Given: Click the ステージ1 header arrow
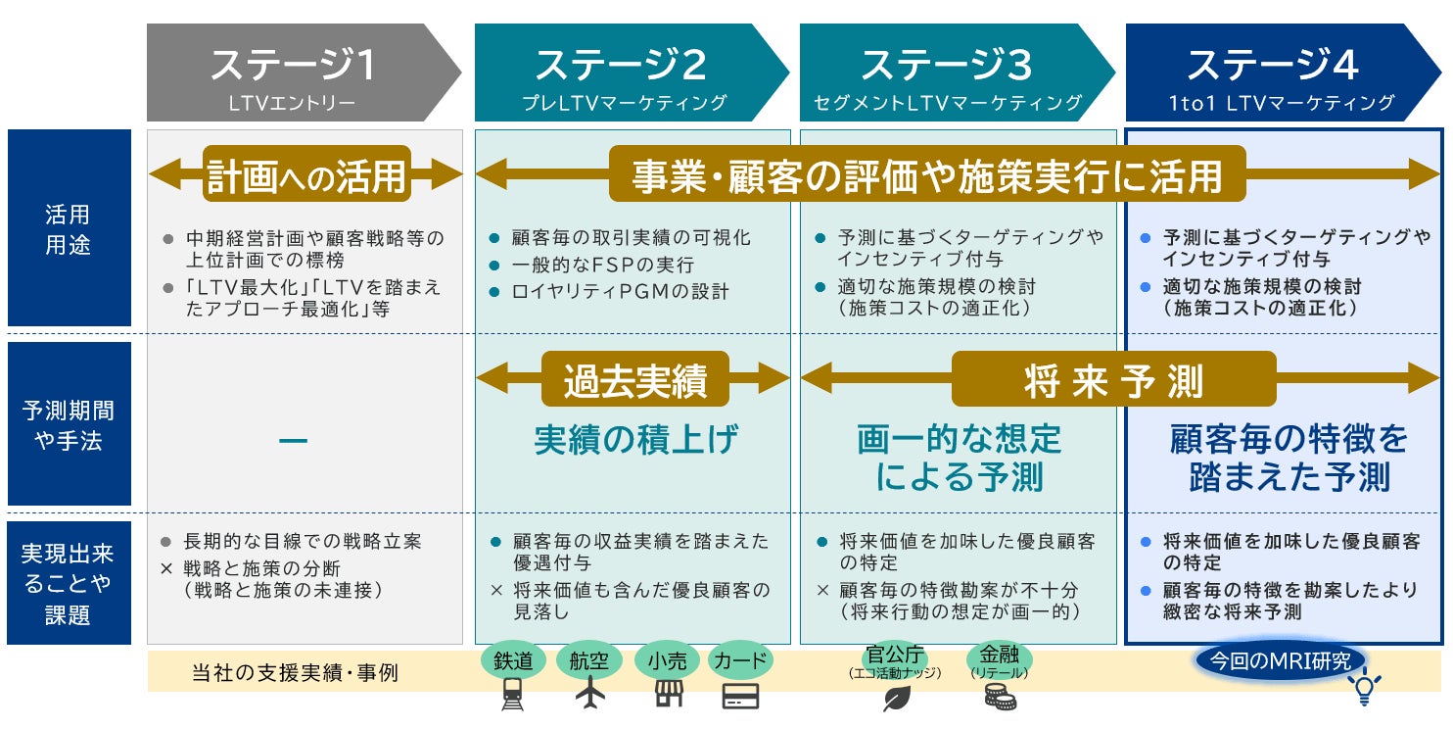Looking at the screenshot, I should [x=294, y=73].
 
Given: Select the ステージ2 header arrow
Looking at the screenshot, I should [x=621, y=73].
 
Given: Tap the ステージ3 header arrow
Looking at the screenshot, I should [x=947, y=73].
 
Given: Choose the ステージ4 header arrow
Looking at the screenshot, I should [x=1273, y=73].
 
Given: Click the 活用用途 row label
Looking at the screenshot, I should [x=69, y=228].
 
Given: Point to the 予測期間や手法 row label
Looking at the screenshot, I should [x=69, y=424].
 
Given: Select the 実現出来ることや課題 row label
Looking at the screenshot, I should [x=69, y=583].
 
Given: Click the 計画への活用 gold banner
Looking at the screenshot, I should [x=305, y=175].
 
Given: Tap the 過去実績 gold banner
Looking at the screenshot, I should [x=634, y=379].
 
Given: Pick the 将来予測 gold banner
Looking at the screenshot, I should [x=1113, y=379].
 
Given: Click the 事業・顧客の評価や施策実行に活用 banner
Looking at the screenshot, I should [x=926, y=175].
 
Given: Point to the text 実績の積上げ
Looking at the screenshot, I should [x=636, y=440].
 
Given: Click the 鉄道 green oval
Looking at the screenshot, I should [x=513, y=661].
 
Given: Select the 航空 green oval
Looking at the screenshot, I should [x=589, y=661].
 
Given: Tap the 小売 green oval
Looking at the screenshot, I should [x=666, y=661].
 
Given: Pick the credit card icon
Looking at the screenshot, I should [x=741, y=695].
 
